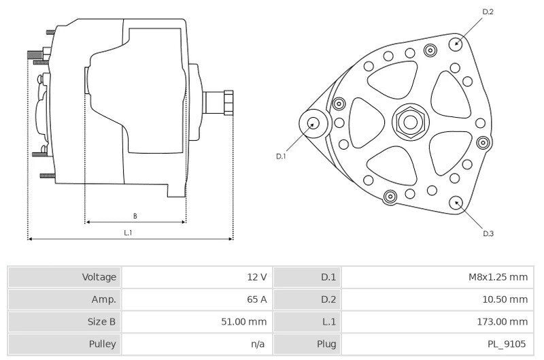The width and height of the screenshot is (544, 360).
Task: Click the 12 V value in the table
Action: click(257, 277)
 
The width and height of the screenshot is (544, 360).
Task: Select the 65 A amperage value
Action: click(257, 299)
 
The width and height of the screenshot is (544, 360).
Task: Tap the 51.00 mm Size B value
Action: click(244, 321)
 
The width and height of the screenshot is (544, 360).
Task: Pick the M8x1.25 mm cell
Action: click(498, 277)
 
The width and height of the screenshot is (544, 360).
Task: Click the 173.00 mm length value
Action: click(502, 321)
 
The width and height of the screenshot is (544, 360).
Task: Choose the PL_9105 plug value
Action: click(507, 344)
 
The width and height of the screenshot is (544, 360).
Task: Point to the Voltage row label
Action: click(99, 277)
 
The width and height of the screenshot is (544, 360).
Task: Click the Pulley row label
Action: click(102, 344)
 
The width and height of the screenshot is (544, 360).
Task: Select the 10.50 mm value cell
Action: click(505, 299)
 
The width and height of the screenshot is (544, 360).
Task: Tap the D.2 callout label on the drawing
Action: click(488, 12)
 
